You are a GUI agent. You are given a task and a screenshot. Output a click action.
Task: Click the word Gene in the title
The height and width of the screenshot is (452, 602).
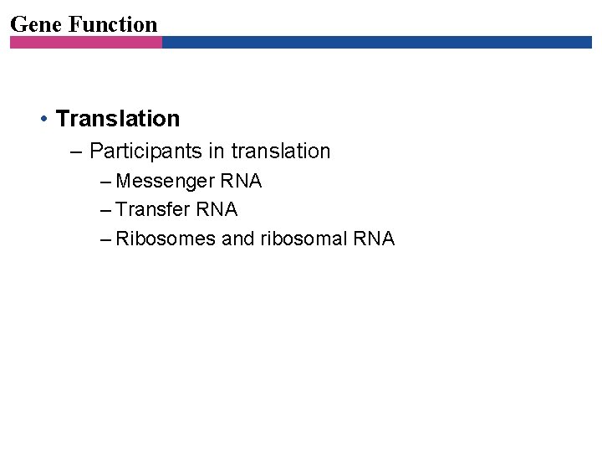click(x=36, y=24)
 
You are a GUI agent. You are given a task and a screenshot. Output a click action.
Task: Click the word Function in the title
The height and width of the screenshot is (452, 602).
click(x=113, y=24)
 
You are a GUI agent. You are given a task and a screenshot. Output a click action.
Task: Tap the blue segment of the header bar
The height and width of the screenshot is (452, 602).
click(x=376, y=42)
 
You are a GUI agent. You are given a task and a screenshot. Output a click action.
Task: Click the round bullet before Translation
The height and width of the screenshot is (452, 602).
click(x=43, y=119)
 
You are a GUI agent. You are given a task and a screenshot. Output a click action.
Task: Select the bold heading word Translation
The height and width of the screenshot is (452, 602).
click(x=118, y=119)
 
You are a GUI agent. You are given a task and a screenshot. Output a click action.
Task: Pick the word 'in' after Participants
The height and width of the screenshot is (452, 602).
click(x=216, y=152)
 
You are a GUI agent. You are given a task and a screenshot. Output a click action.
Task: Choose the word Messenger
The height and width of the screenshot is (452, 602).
click(x=166, y=182)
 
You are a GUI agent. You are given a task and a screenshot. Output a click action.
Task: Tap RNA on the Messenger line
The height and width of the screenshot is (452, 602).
click(x=242, y=181)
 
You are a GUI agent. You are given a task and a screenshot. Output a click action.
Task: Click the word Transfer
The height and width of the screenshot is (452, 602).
click(x=154, y=209)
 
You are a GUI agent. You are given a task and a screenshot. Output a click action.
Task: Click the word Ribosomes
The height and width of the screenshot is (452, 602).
click(x=166, y=239)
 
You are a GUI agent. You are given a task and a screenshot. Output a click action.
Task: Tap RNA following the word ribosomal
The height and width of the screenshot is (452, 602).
click(x=374, y=239)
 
